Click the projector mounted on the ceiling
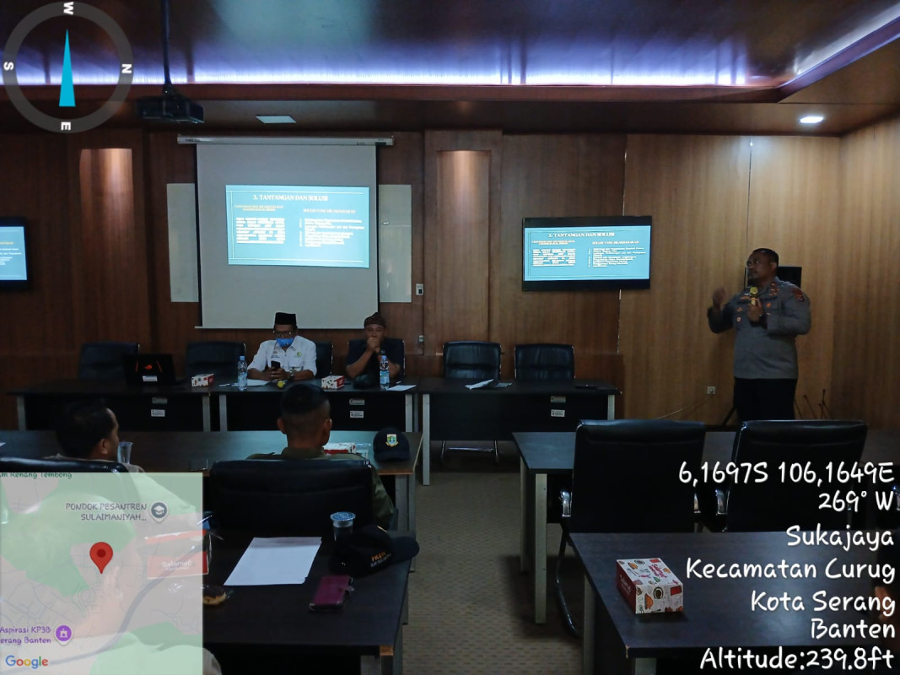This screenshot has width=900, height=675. coord(170,108)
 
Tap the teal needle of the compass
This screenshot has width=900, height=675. coord(67,72)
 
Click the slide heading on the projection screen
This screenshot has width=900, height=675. coord(297,197)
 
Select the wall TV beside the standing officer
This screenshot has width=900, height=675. coord(586,253)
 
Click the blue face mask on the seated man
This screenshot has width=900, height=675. coord(284,343)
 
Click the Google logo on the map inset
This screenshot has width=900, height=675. coord(26,661)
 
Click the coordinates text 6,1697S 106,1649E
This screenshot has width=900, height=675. coord(785,472)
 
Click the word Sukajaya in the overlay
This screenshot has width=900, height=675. coord(839,535)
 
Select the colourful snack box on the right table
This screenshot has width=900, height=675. coord(649,585)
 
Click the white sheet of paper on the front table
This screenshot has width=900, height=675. coord(273,560)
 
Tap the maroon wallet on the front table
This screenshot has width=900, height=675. coord(331,591)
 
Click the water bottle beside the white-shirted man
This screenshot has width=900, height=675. coord(242,371)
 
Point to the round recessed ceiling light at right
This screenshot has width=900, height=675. coord(811,120)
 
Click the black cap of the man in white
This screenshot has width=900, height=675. coord(285,318)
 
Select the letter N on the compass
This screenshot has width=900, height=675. coord(127,68)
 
